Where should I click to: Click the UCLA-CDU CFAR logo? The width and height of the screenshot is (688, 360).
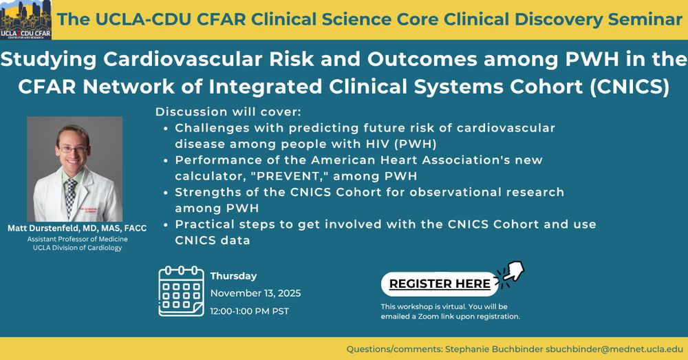26,20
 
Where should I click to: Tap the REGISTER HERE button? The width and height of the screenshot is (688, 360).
440,284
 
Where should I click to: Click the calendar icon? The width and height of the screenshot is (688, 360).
181,291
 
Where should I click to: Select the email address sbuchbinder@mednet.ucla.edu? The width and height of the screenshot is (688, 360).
614,350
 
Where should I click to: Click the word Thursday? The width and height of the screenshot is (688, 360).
233,276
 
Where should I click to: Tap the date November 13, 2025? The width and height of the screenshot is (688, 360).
255,293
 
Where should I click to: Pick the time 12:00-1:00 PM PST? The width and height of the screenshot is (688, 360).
249,311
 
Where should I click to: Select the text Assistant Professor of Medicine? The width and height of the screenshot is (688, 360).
77,240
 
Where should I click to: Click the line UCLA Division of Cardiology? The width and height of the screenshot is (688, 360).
77,248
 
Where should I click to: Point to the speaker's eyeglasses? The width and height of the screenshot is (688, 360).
74,149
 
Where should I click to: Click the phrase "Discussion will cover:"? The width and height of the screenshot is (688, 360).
228,112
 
